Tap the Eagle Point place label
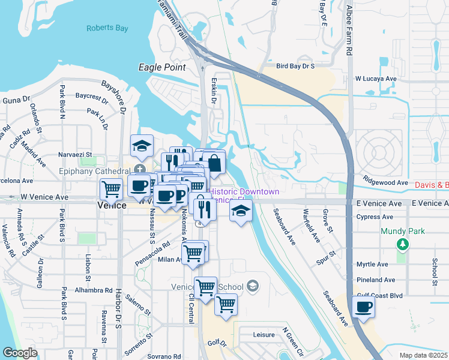[162, 67]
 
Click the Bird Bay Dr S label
[295, 65]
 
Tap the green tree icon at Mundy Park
[403, 244]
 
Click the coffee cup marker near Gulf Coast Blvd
[363, 308]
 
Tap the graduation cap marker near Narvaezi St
[142, 146]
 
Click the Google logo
[20, 352]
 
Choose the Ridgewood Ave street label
[385, 182]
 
